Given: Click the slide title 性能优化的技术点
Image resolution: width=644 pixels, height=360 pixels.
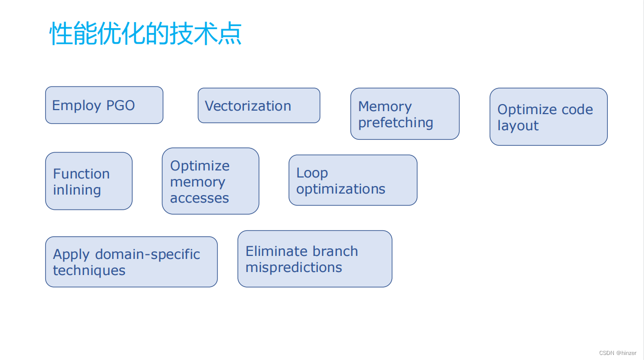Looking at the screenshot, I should tap(146, 34).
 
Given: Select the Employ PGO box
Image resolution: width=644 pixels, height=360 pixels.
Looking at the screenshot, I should tap(104, 105).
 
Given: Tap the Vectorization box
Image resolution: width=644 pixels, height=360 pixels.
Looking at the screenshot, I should tap(259, 106).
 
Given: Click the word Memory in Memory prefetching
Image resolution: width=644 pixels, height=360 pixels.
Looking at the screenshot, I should tap(385, 107).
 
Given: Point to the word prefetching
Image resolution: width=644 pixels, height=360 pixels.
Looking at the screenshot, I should tap(396, 123).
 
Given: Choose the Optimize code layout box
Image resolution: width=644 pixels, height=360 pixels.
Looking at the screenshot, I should tap(548, 117).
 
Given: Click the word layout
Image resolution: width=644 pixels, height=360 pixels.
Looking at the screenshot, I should tap(518, 126).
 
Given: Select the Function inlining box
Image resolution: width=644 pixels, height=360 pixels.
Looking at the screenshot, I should tap(88, 181).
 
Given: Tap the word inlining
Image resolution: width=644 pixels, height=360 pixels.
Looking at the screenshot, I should tap(77, 190).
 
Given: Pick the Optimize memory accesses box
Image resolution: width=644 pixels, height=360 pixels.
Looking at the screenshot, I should tap(210, 181).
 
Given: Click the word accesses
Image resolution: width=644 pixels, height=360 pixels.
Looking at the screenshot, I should tap(199, 198).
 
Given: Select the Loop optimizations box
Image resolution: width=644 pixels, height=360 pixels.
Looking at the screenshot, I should tap(352, 180).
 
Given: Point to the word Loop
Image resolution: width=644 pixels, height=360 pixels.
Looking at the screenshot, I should tap(312, 173).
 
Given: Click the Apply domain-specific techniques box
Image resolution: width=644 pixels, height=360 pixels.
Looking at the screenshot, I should tap(131, 262).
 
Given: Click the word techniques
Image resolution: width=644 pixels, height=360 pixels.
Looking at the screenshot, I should tap(89, 271).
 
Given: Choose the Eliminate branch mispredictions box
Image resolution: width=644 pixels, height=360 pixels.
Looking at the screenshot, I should tap(315, 259).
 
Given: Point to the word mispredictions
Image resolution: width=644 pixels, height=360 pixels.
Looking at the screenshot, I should tap(294, 267).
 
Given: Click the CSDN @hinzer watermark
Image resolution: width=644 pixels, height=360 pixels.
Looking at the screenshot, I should tap(618, 353).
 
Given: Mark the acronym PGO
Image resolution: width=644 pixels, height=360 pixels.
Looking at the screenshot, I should tap(120, 106).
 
